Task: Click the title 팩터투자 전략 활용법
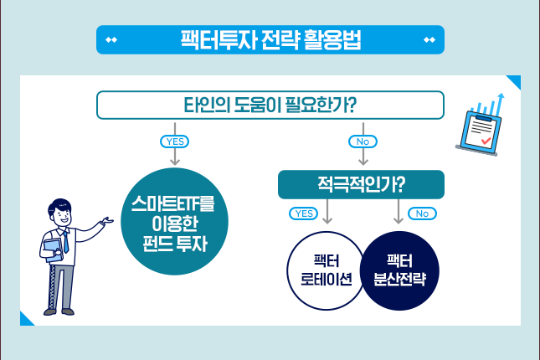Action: point(270,40)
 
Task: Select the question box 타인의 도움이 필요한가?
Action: point(270,105)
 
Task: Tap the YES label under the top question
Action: point(175,141)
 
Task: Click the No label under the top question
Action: point(363,141)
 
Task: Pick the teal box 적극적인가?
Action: point(361,184)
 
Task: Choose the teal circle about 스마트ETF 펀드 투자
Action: point(175,222)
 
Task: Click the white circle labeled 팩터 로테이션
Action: point(327,270)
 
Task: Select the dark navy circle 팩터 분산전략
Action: point(399,270)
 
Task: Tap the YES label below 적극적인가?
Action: point(303,213)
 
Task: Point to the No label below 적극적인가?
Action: point(422,213)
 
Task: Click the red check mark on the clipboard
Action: point(486,141)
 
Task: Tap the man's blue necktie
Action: point(65,242)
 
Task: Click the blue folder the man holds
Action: point(53,250)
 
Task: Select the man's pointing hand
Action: point(107,220)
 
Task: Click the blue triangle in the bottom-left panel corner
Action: point(25,321)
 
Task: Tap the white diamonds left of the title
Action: point(111,40)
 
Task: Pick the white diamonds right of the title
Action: point(429,40)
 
